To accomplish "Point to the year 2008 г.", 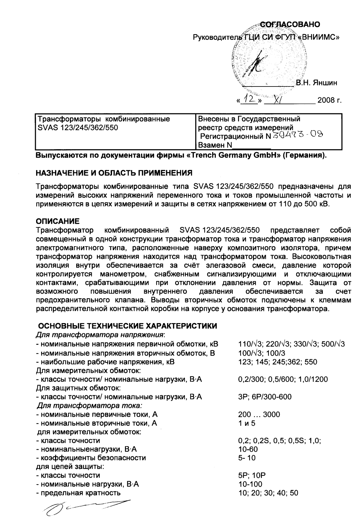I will click(329, 100).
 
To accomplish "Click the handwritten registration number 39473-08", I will click(297, 136).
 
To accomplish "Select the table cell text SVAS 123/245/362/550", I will click(78, 127).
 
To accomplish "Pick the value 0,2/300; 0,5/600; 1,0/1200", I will click(283, 379).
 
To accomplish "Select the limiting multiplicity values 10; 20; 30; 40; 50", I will click(268, 493).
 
